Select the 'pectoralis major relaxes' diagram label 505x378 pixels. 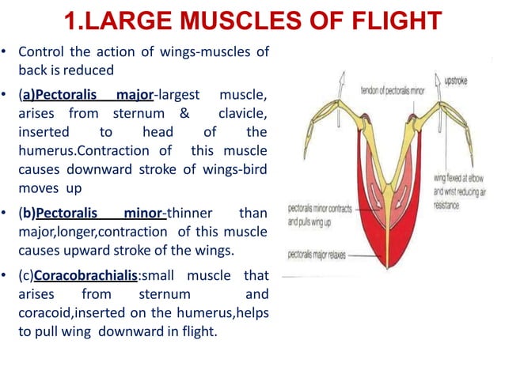[317, 255]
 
